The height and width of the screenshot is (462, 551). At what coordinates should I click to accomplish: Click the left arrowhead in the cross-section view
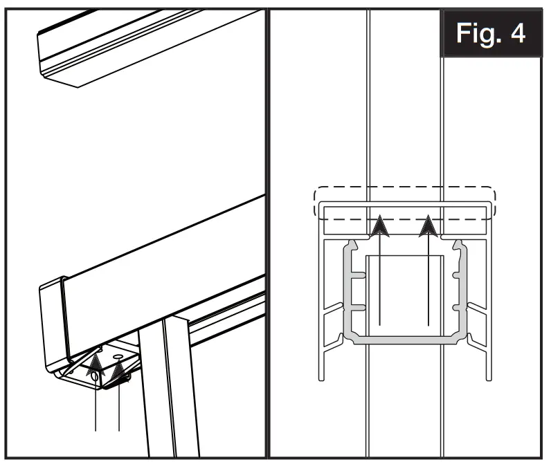(x=379, y=227)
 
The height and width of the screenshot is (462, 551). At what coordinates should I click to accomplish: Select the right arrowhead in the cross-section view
(x=429, y=227)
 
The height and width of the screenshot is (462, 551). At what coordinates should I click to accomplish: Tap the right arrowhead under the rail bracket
(x=120, y=373)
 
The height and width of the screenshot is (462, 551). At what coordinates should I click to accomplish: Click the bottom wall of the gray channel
(x=404, y=340)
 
